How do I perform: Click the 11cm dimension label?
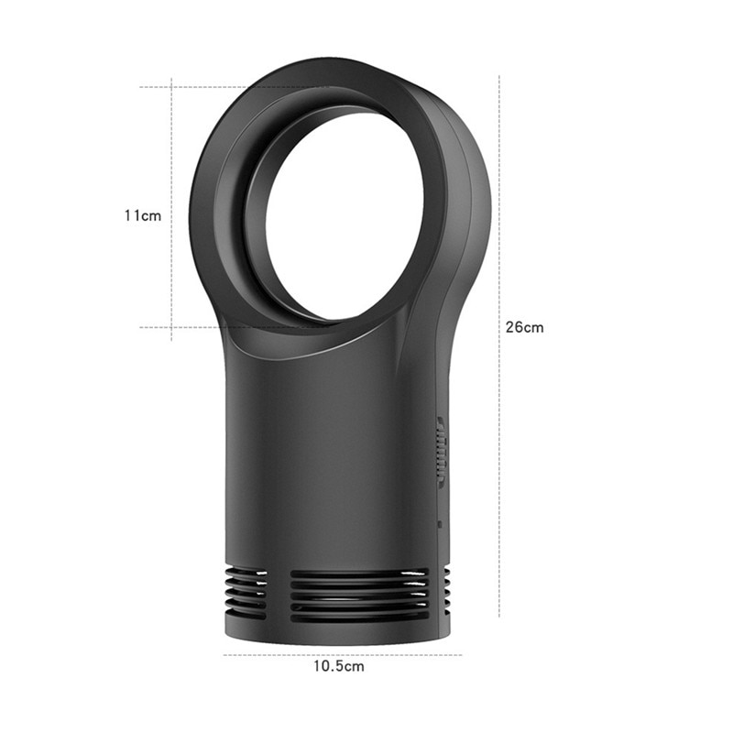[143, 215]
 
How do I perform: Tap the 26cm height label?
[524, 327]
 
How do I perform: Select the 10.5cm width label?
[339, 666]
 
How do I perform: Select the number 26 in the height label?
[516, 327]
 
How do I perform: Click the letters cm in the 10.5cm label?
[354, 666]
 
